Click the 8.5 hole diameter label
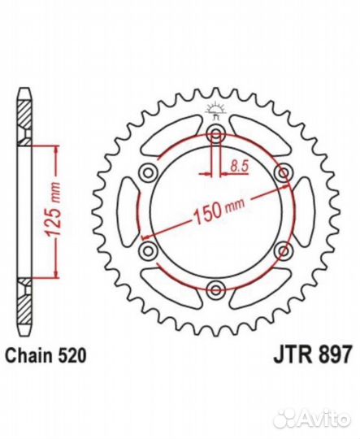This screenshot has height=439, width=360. [x=240, y=166]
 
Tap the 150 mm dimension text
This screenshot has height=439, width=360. [x=219, y=210]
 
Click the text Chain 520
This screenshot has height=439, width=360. [x=46, y=356]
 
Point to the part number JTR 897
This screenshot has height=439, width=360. [x=312, y=355]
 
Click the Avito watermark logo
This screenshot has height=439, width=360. [x=312, y=419]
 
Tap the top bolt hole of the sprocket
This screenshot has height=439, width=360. [x=216, y=135]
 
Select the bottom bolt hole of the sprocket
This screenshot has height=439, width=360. [x=216, y=289]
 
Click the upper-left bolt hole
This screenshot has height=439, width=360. [x=149, y=174]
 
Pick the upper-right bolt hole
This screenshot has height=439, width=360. [x=284, y=174]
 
